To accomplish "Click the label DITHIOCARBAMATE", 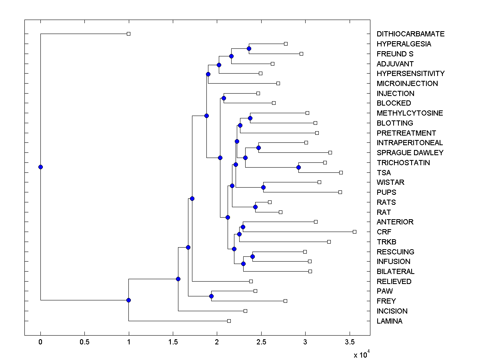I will click(410, 34).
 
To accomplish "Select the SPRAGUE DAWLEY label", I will click(410, 152).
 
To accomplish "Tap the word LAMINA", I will click(390, 321).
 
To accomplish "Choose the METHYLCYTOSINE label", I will click(410, 113).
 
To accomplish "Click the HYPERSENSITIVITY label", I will click(410, 74).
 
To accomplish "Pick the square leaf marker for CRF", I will click(354, 232).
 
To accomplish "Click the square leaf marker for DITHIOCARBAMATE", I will click(128, 34).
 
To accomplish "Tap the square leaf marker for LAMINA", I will click(229, 321).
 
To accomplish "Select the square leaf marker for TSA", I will click(341, 172).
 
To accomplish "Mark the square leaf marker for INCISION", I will click(245, 311).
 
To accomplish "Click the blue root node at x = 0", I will click(40, 167).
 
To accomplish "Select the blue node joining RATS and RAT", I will click(255, 207).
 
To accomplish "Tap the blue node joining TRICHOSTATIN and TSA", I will click(298, 167).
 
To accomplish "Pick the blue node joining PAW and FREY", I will click(211, 296).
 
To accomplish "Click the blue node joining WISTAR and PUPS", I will click(263, 187).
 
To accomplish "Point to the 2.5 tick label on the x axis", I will click(261, 342).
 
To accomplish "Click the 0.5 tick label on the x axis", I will click(84, 342).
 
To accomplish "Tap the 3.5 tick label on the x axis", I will click(350, 342).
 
